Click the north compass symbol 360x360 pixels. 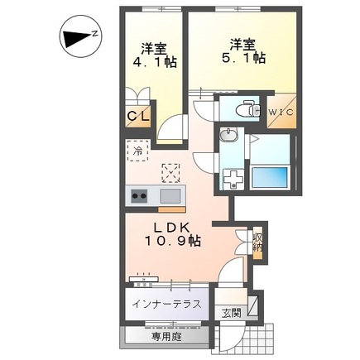[x=80, y=37]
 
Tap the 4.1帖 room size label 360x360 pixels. [x=155, y=63]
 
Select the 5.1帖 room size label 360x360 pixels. [x=243, y=58]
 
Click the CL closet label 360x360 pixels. [x=138, y=116]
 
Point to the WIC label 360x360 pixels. [x=281, y=113]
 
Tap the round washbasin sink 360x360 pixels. [x=228, y=135]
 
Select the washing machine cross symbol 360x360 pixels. [x=233, y=180]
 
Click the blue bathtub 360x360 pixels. [x=270, y=178]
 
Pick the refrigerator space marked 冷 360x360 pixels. [x=138, y=151]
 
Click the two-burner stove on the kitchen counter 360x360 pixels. [x=139, y=196]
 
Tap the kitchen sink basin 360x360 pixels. [x=170, y=196]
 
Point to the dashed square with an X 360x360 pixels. [x=171, y=173]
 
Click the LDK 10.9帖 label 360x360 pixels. [x=171, y=234]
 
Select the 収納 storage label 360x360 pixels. [x=258, y=242]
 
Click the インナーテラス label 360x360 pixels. [x=166, y=305]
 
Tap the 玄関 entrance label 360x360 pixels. [x=232, y=313]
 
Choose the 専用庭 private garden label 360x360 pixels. [x=166, y=337]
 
